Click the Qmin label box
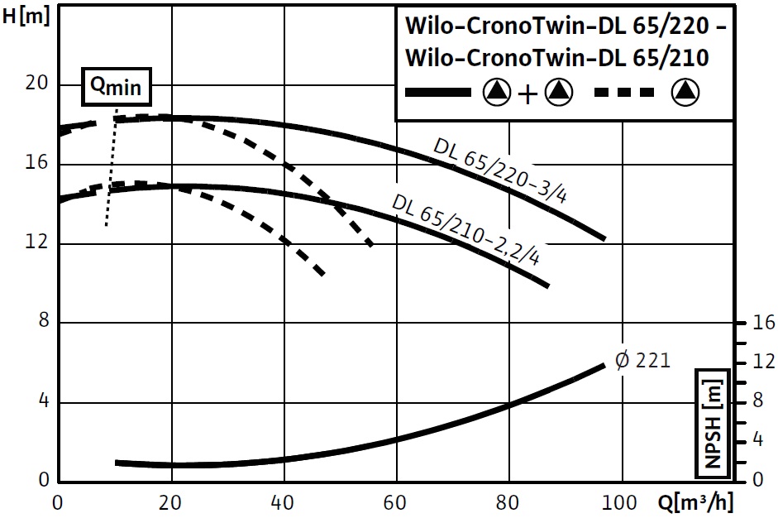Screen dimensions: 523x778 coord(116,87)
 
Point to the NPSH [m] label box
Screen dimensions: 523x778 coord(713,422)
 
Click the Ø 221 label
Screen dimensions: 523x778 coord(642,360)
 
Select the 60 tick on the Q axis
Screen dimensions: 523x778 coord(397,502)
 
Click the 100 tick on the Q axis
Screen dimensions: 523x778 coord(620,502)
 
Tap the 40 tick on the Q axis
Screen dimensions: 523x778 coord(284,502)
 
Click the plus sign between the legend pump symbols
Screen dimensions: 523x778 coord(527,94)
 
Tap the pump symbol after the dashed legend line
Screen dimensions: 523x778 coord(686,93)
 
